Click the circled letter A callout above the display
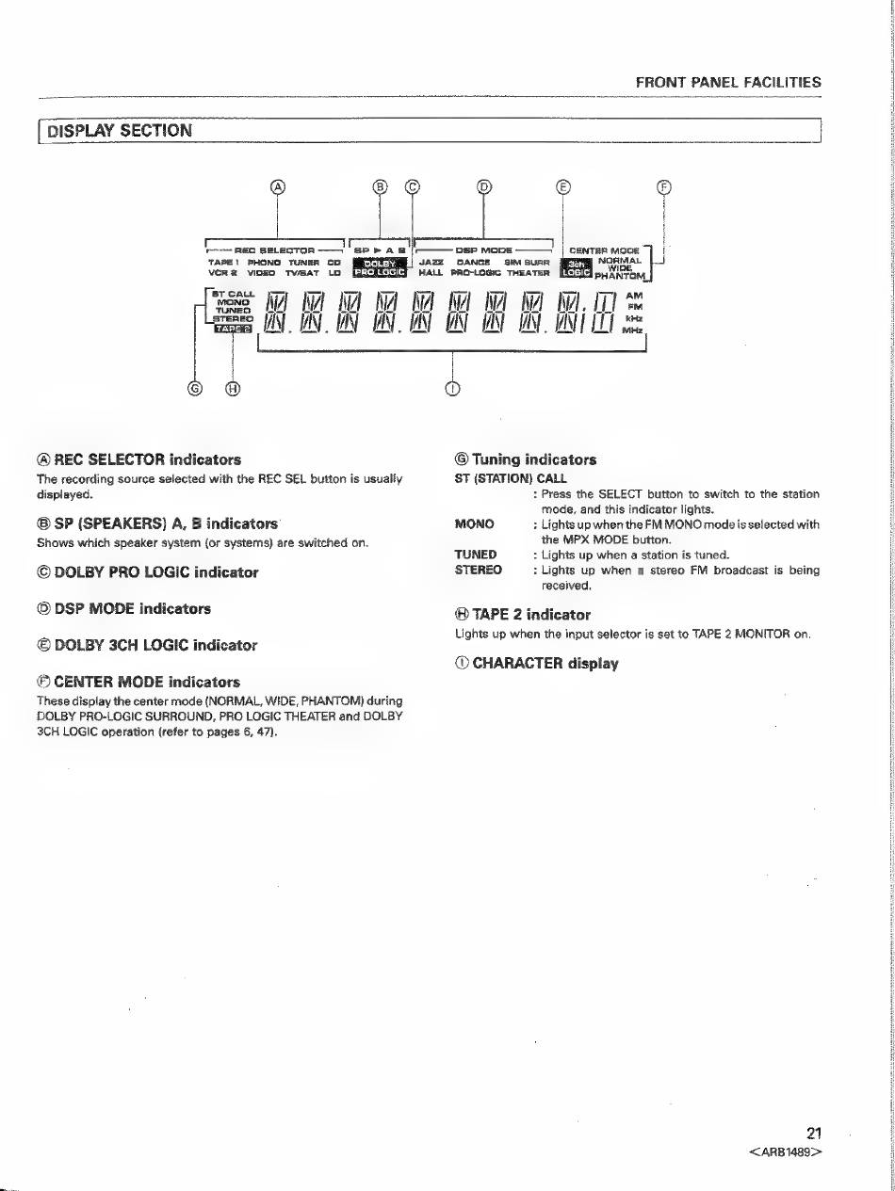[277, 185]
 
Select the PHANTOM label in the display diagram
[620, 276]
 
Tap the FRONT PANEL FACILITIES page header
[728, 82]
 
